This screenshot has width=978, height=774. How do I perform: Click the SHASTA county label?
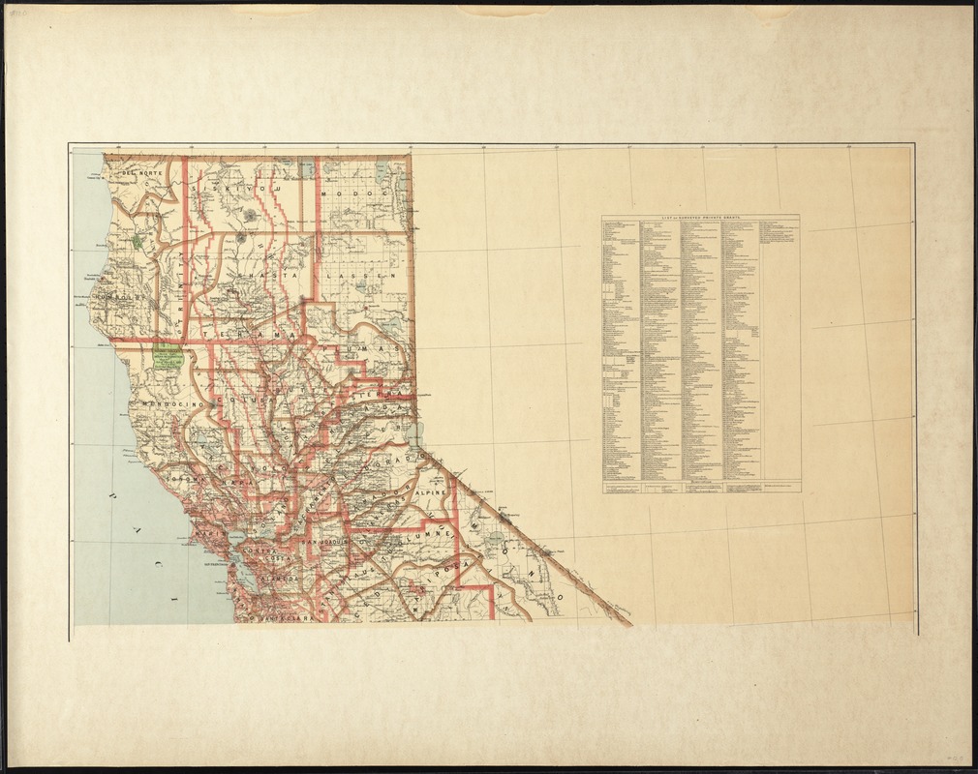click(268, 276)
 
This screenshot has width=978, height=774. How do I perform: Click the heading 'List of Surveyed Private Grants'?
click(700, 220)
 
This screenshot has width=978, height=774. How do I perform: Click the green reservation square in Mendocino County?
click(167, 359)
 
